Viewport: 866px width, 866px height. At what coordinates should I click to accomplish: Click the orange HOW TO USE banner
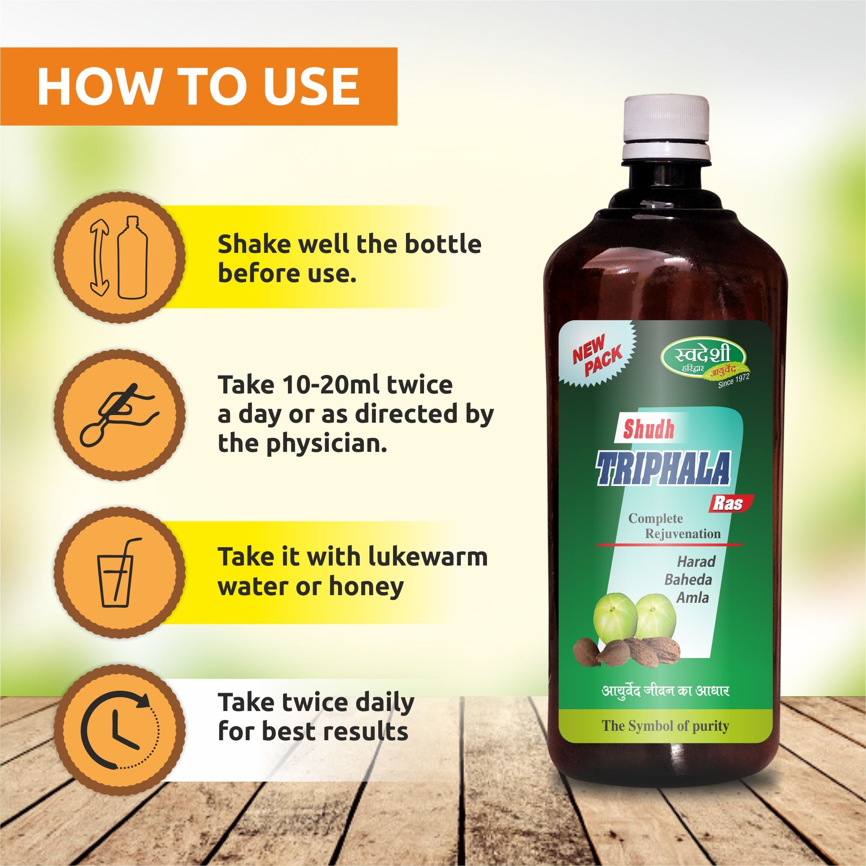click(199, 86)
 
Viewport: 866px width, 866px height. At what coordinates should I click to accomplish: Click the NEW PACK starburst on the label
click(597, 354)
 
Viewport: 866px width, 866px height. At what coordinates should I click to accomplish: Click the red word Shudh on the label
click(649, 429)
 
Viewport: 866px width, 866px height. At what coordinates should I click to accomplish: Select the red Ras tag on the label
click(730, 504)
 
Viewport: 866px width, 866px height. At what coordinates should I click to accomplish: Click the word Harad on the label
click(696, 562)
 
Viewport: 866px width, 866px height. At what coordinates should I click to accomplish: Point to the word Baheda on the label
click(688, 580)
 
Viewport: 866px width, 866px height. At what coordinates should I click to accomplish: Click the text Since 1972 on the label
click(733, 380)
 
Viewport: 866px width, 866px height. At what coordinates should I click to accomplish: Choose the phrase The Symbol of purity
click(665, 726)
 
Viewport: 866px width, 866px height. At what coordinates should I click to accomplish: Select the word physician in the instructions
click(326, 445)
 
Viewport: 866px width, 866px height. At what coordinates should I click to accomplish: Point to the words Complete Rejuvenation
click(674, 526)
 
